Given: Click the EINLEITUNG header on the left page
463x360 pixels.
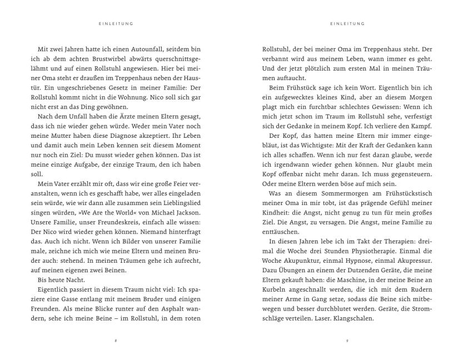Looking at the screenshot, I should pyautogui.click(x=116, y=24).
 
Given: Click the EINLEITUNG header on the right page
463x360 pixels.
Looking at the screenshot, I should pyautogui.click(x=346, y=24).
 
